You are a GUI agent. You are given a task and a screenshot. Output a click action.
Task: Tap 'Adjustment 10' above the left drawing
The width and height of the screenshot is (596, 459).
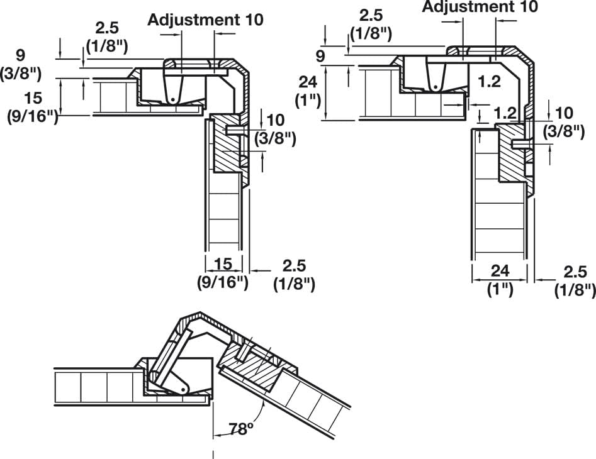click(205, 19)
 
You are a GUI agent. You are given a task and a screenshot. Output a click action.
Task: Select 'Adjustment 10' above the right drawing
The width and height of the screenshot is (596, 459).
click(480, 7)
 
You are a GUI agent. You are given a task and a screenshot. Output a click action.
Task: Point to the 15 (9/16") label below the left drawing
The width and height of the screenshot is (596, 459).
click(223, 273)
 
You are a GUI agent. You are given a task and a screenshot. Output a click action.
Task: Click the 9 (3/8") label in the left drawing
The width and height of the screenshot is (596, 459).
click(21, 64)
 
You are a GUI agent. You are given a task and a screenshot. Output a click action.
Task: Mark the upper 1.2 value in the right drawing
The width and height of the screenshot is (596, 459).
click(488, 80)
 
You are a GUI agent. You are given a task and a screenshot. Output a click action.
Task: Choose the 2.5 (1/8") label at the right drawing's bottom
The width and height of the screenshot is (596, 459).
click(574, 280)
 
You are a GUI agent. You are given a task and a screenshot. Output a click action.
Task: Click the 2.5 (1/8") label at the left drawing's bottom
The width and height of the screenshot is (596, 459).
click(293, 274)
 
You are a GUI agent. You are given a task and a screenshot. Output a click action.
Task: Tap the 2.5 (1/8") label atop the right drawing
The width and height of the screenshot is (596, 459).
click(371, 23)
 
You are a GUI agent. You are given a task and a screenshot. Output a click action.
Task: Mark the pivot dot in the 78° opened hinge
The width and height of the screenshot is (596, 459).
click(183, 389)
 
